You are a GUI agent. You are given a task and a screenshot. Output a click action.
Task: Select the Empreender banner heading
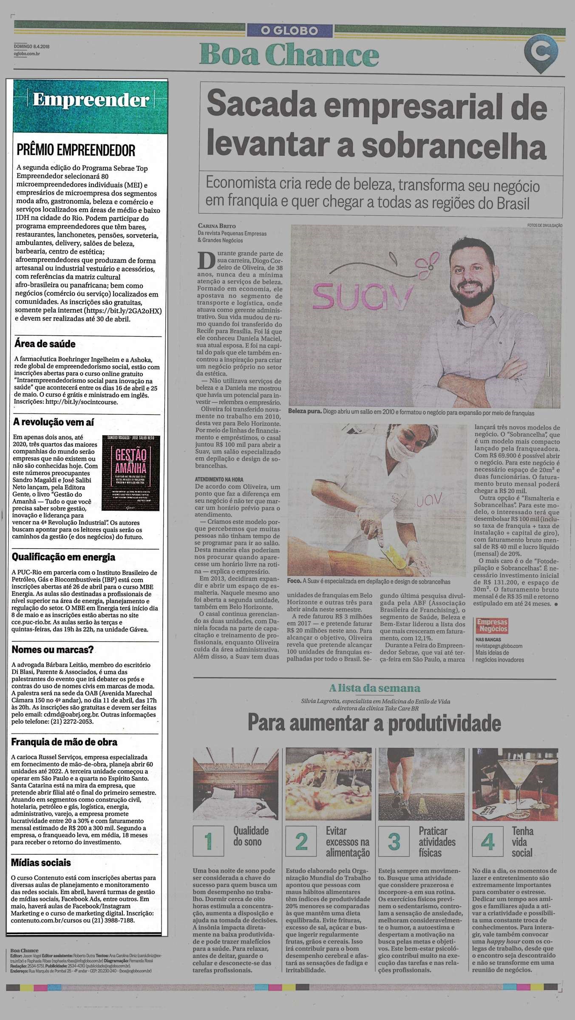(x=91, y=100)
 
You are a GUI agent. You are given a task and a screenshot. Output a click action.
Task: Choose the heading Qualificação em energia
(x=63, y=557)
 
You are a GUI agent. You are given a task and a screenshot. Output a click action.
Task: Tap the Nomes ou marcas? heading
(x=53, y=649)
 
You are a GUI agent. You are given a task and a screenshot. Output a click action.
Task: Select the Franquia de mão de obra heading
(x=64, y=742)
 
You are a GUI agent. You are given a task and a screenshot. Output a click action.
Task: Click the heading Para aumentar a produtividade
(x=374, y=722)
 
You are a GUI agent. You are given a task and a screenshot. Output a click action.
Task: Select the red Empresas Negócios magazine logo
(x=492, y=625)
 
